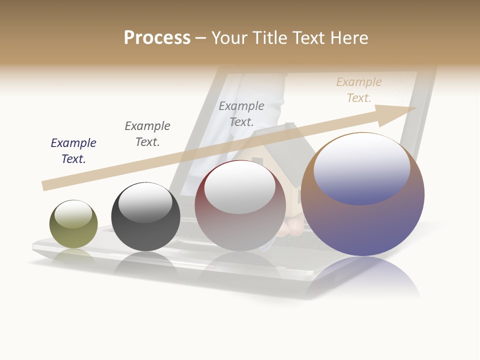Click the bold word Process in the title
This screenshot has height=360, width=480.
[x=157, y=38]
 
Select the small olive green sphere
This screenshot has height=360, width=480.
[x=73, y=235]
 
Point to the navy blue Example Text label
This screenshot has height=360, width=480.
[x=73, y=150]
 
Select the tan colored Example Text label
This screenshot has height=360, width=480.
[x=359, y=89]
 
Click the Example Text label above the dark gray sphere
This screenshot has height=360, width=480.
[x=147, y=133]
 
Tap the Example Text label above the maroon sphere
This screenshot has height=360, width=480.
[x=241, y=113]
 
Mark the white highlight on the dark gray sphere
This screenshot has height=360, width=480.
[x=145, y=203]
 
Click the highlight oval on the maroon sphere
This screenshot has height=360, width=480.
[x=240, y=188]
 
